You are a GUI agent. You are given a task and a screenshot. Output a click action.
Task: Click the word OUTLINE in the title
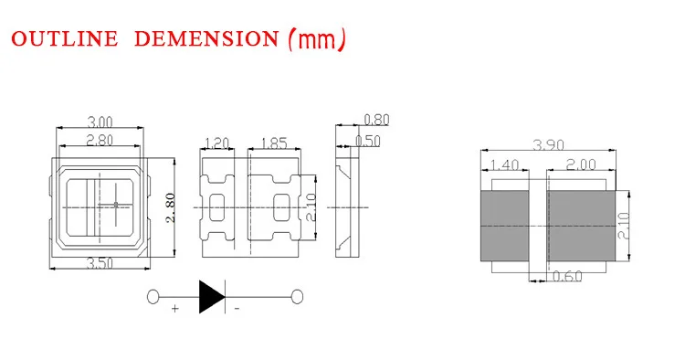(x=65, y=38)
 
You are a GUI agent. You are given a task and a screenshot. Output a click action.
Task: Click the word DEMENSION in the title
(x=206, y=38)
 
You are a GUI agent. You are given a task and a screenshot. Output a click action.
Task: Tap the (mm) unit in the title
(x=318, y=40)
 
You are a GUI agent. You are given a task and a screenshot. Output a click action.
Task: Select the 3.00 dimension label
(x=100, y=122)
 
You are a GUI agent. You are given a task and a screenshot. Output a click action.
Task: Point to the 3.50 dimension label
(x=100, y=263)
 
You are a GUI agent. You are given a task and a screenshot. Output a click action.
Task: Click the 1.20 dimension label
(x=217, y=143)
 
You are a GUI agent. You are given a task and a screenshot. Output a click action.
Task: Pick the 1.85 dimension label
(x=274, y=143)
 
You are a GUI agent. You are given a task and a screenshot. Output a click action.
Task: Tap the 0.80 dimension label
(x=376, y=120)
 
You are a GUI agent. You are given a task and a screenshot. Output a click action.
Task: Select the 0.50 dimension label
(x=368, y=141)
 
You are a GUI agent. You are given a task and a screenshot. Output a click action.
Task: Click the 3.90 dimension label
(x=548, y=144)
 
